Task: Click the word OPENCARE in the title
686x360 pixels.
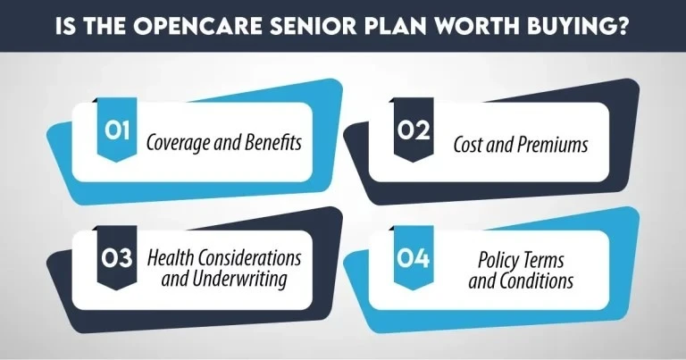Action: pos(197,24)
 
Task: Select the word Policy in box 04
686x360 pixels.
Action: pos(499,259)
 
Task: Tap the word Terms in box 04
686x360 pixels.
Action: pos(551,259)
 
